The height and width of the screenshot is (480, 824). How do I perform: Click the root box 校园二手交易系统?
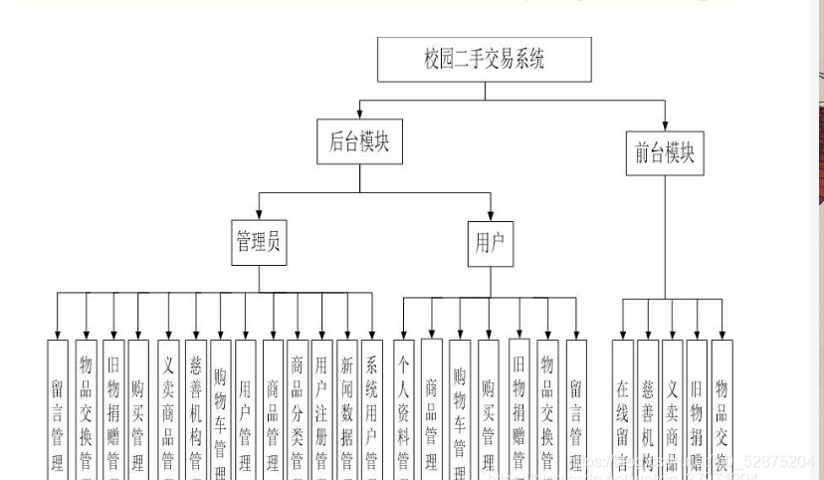(485, 60)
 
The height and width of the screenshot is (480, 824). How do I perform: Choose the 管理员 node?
(259, 243)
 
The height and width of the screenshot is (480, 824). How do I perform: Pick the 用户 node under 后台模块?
(491, 243)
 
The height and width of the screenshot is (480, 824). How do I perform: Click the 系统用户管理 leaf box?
(371, 408)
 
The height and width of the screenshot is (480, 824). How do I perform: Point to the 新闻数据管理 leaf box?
(346, 408)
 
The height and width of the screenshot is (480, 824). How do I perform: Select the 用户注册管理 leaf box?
(320, 408)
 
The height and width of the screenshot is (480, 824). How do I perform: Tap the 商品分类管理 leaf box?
(297, 408)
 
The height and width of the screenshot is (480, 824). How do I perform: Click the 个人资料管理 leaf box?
(404, 408)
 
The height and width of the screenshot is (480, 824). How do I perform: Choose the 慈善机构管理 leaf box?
(195, 408)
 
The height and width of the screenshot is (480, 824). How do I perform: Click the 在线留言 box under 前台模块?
(623, 408)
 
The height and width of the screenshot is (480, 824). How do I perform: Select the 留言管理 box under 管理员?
(58, 408)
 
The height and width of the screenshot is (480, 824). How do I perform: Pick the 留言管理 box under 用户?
(576, 408)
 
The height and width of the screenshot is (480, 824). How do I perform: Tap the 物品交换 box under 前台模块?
(721, 408)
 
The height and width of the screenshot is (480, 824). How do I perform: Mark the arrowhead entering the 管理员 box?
(259, 216)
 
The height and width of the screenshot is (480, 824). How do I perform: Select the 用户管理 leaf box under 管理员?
(245, 408)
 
